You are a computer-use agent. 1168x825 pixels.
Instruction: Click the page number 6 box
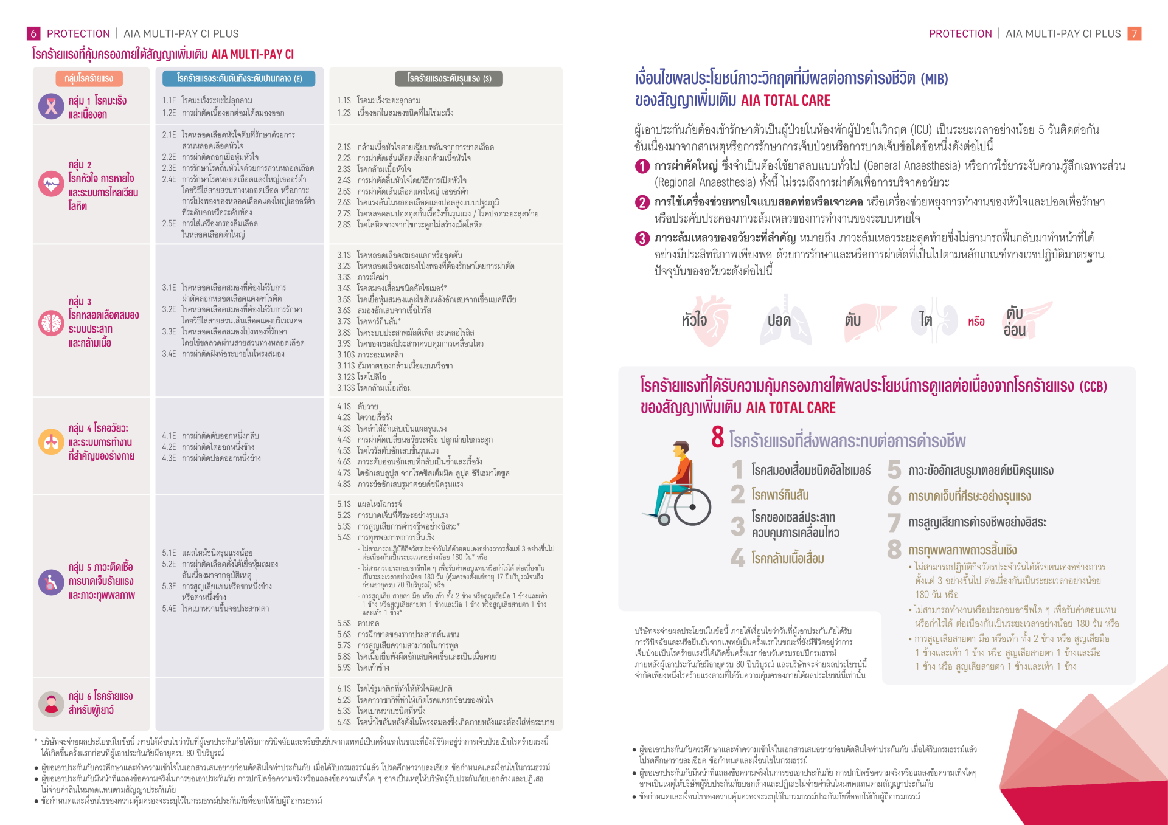pyautogui.click(x=33, y=34)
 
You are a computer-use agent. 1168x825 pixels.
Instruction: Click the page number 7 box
pyautogui.click(x=1134, y=34)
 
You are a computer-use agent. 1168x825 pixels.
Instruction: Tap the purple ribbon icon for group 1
pyautogui.click(x=51, y=107)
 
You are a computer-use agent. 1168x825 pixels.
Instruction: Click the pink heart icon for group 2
pyautogui.click(x=51, y=184)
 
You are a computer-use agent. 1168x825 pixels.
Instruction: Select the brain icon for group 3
pyautogui.click(x=51, y=323)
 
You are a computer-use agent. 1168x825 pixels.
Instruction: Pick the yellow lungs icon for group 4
pyautogui.click(x=51, y=442)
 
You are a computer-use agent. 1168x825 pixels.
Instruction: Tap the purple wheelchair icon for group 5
pyautogui.click(x=51, y=582)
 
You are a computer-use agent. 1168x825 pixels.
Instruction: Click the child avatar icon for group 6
pyautogui.click(x=51, y=703)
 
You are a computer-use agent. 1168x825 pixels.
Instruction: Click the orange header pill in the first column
pyautogui.click(x=89, y=78)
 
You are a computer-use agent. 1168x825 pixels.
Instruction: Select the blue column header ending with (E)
pyautogui.click(x=239, y=78)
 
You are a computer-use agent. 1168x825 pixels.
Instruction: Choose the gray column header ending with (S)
pyautogui.click(x=449, y=78)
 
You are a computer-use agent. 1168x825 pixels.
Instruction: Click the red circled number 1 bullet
pyautogui.click(x=642, y=167)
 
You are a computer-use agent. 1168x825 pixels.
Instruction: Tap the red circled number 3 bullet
pyautogui.click(x=642, y=238)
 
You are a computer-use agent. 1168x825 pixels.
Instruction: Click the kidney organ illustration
pyautogui.click(x=940, y=320)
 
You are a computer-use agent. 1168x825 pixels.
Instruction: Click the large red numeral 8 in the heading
pyautogui.click(x=718, y=438)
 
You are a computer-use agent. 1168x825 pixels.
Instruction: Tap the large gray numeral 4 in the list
pyautogui.click(x=738, y=558)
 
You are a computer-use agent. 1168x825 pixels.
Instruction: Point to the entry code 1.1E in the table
pyautogui.click(x=169, y=101)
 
